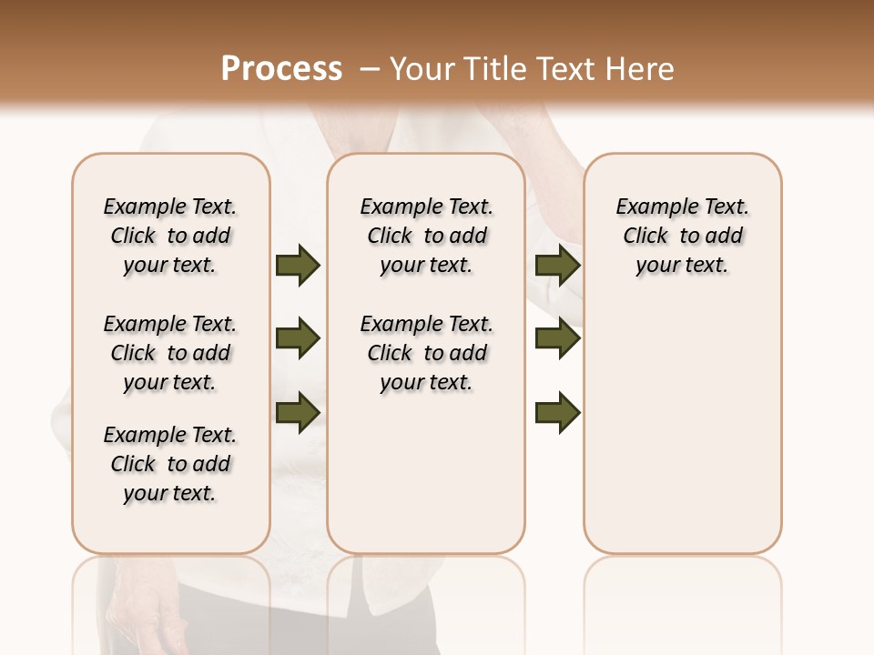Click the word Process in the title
pyautogui.click(x=281, y=69)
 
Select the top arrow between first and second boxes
pyautogui.click(x=298, y=265)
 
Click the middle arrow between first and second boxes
pyautogui.click(x=298, y=339)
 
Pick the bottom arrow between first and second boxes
pyautogui.click(x=298, y=413)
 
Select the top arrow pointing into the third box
pyautogui.click(x=558, y=265)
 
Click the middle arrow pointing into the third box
pyautogui.click(x=558, y=339)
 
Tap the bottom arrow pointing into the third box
pyautogui.click(x=558, y=413)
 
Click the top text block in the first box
pyautogui.click(x=170, y=236)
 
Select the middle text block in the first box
pyautogui.click(x=170, y=353)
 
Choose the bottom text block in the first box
pyautogui.click(x=170, y=464)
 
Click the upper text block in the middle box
pyautogui.click(x=426, y=236)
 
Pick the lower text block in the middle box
pyautogui.click(x=426, y=353)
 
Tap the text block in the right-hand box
pyautogui.click(x=682, y=236)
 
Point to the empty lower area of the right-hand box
pyautogui.click(x=682, y=437)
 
